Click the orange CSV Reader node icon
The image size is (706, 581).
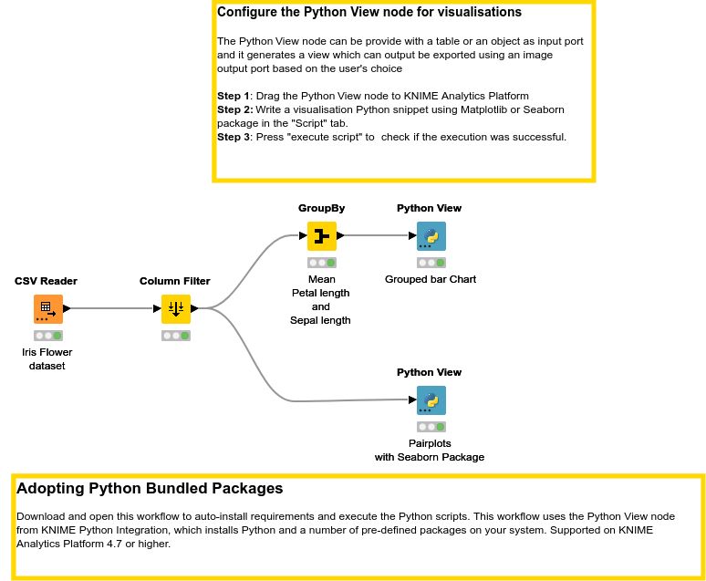pos(47,309)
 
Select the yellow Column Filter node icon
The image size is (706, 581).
pos(175,309)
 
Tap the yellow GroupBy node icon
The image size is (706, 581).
pos(321,236)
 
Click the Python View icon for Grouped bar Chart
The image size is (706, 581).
pos(430,236)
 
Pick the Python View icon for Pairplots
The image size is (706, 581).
pos(430,400)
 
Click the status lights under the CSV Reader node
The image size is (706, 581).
pos(47,336)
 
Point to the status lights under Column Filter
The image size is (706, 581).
pos(175,336)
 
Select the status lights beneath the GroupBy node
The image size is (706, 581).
pos(321,263)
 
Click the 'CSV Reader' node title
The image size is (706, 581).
pos(46,281)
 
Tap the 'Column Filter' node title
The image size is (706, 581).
pos(174,281)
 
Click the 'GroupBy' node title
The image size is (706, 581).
pos(321,208)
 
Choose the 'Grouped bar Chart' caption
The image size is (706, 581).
pos(430,279)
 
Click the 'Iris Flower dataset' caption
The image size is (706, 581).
pos(47,358)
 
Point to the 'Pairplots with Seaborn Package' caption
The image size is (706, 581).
pos(429,450)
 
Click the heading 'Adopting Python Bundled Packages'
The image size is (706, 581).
pos(150,489)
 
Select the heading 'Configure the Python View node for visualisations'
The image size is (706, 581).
pos(369,13)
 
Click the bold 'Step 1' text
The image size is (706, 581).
pos(233,96)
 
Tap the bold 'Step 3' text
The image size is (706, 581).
pos(233,137)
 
